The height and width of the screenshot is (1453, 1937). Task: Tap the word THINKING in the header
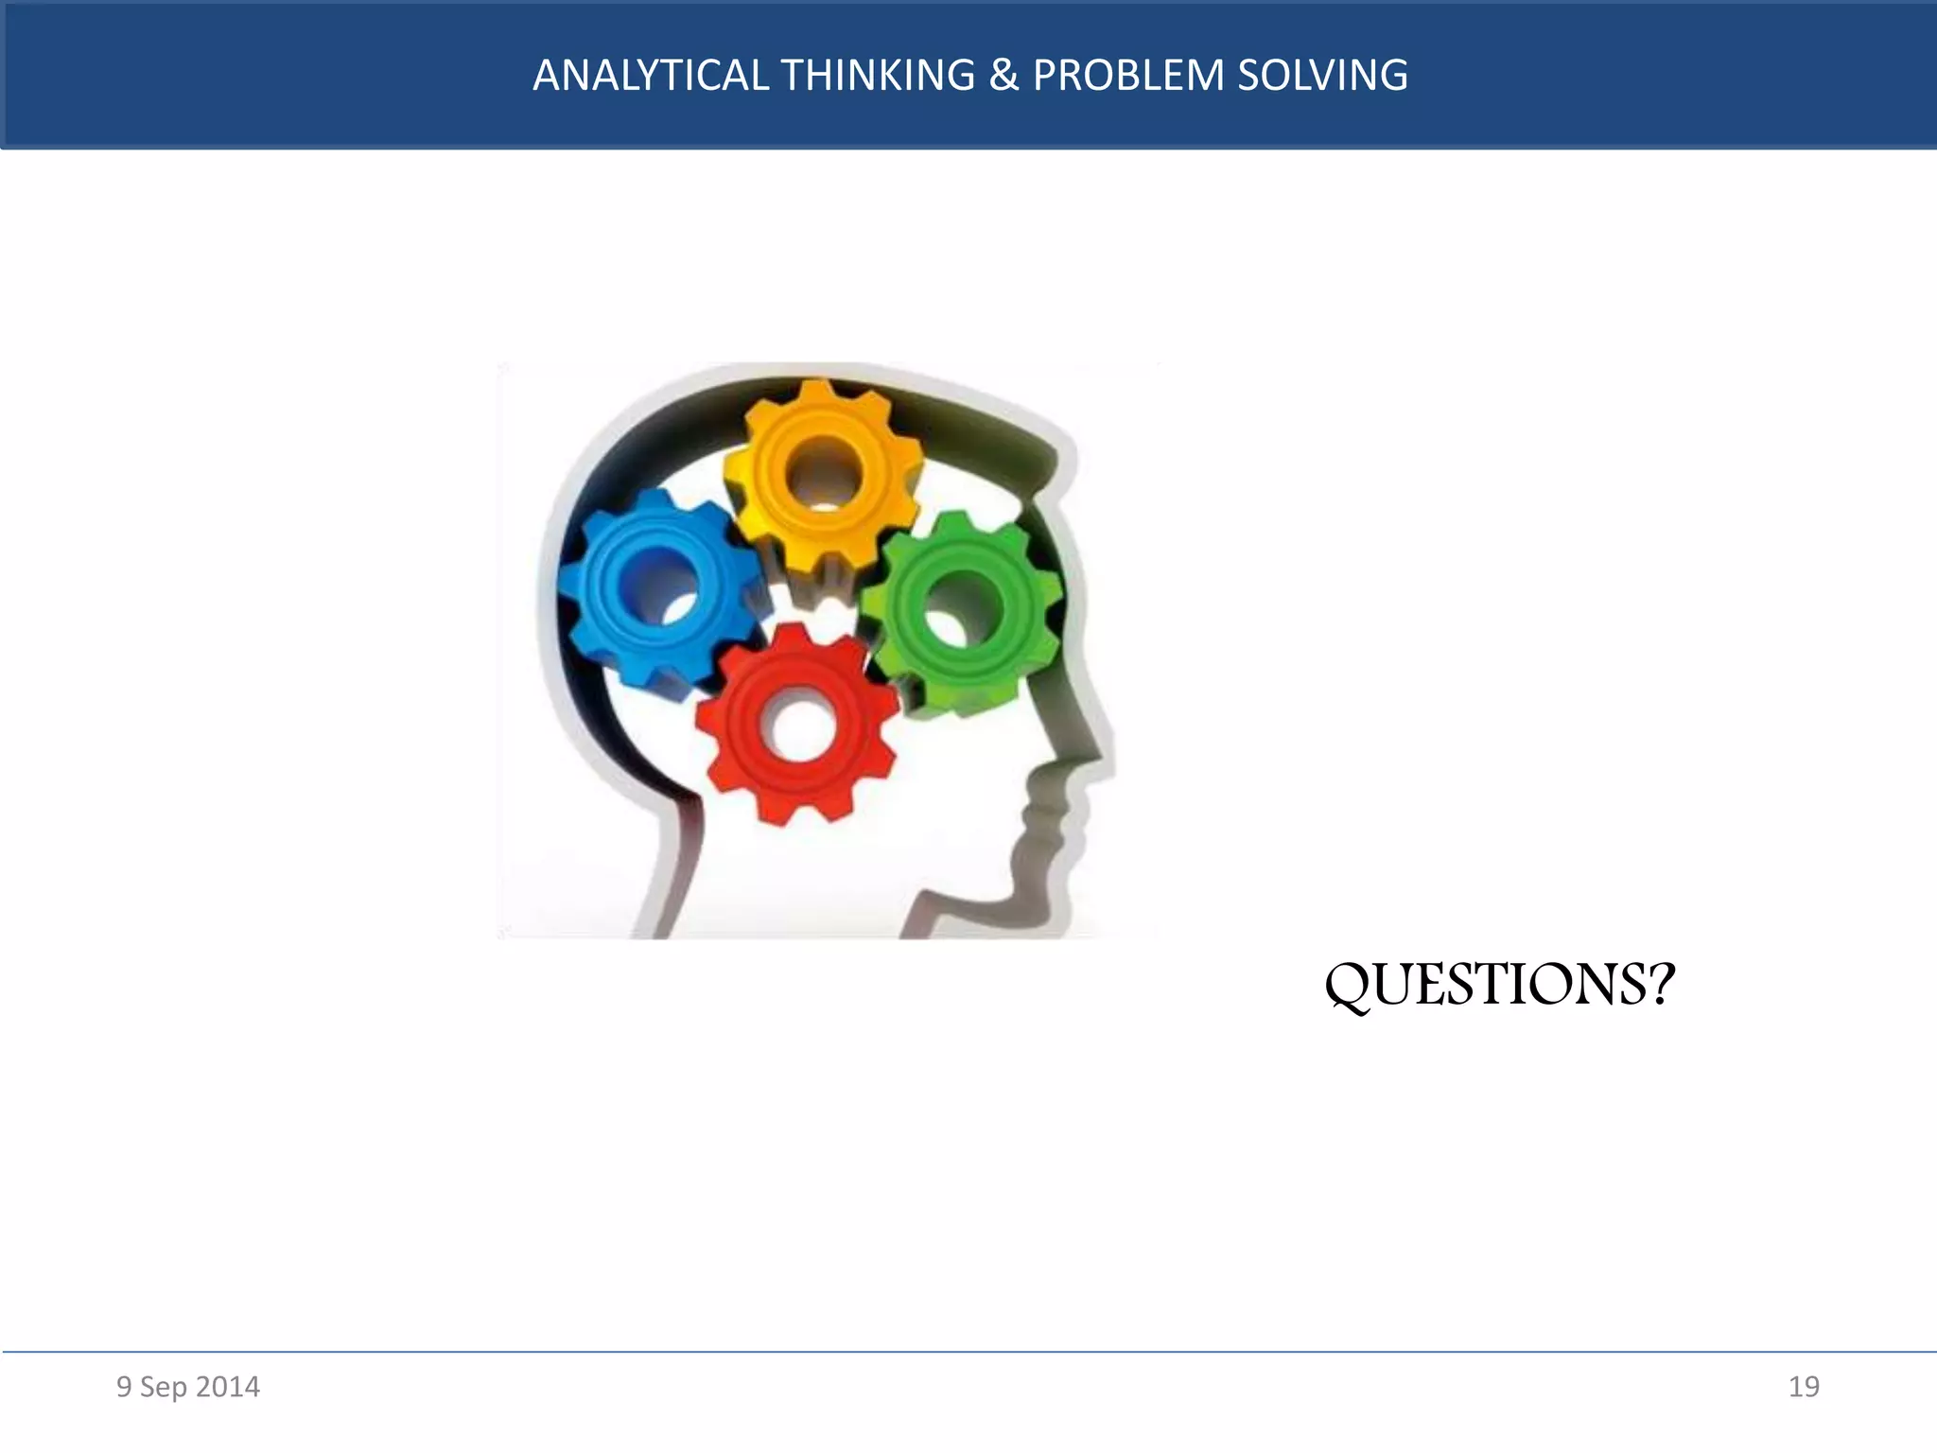click(879, 76)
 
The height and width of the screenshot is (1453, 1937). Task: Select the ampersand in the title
click(1003, 76)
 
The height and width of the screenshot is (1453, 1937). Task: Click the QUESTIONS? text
click(1499, 985)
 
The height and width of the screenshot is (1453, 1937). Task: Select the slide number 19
click(1804, 1387)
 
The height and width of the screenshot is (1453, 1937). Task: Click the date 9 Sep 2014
click(187, 1387)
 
